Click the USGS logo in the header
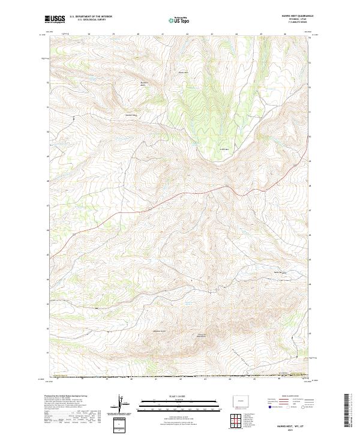click(x=54, y=19)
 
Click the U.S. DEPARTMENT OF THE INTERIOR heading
click(x=91, y=17)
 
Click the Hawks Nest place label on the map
click(x=278, y=272)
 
